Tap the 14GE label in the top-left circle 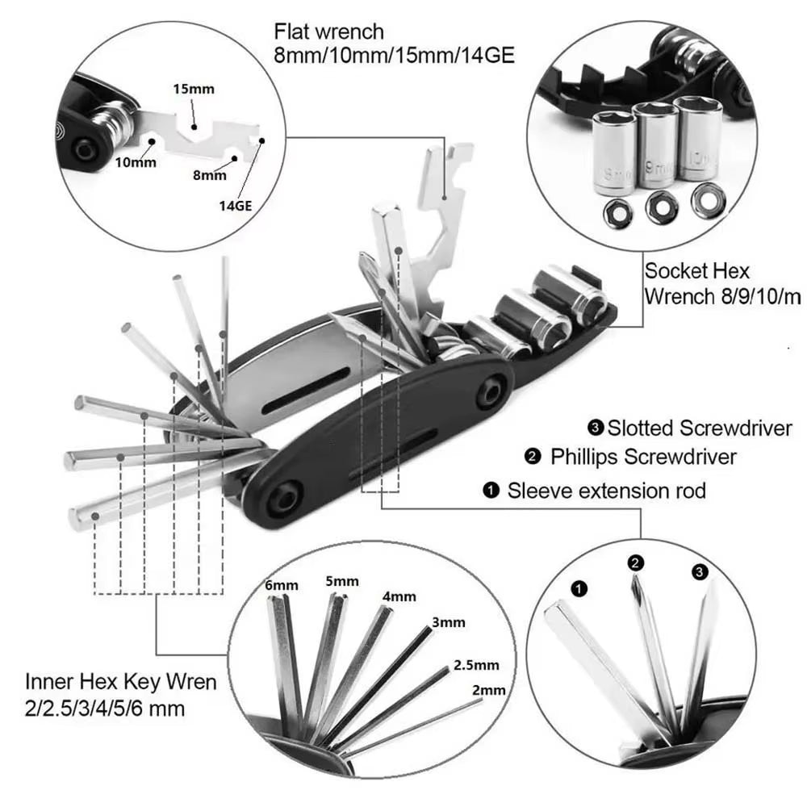(x=236, y=205)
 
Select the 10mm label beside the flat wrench (x=134, y=161)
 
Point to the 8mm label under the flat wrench (x=210, y=174)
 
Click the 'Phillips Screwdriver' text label (x=643, y=457)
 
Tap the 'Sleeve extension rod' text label (x=606, y=490)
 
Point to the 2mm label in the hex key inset (x=489, y=690)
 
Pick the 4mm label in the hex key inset (x=399, y=596)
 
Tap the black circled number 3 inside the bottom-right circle (x=699, y=572)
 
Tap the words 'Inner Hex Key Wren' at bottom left (x=120, y=682)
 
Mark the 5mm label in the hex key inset (x=342, y=581)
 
